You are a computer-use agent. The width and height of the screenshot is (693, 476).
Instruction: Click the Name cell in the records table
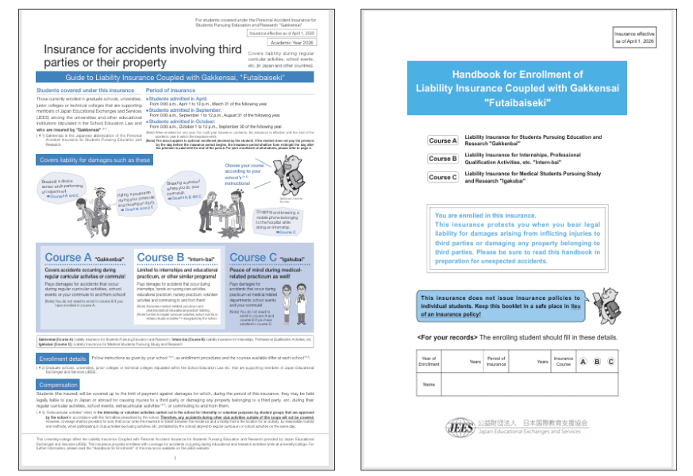coord(429,384)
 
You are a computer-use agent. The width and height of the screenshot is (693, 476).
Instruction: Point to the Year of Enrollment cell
coord(429,362)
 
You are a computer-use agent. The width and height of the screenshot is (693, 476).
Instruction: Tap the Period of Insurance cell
coord(496,362)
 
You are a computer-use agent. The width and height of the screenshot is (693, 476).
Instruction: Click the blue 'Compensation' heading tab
coord(58,384)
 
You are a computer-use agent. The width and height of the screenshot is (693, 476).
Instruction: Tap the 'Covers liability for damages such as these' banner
coord(95,160)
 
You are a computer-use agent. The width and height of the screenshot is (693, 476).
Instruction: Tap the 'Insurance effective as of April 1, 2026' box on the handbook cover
coord(633,38)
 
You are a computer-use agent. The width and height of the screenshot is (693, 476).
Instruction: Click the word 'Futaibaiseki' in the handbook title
coord(517,103)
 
